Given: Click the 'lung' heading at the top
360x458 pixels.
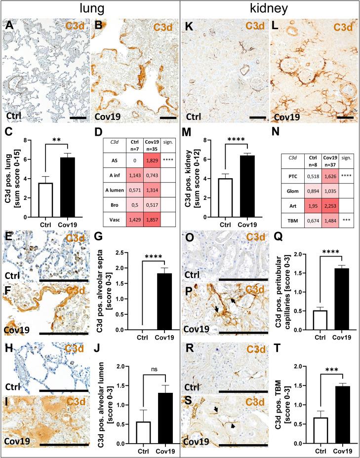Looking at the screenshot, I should click(90, 8).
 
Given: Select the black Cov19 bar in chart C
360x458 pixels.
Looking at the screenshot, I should click(74, 178).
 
